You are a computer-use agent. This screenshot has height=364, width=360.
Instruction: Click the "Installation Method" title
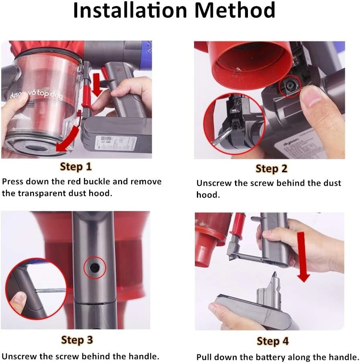[174, 10]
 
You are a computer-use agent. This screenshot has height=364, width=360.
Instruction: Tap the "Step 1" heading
[76, 167]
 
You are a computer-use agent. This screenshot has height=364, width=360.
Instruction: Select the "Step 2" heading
[271, 169]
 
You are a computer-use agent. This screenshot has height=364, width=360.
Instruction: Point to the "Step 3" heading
[77, 340]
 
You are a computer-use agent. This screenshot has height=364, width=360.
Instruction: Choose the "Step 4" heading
[272, 341]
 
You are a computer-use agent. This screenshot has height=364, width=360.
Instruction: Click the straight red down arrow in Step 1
[97, 85]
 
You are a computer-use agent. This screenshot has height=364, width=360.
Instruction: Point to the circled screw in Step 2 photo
[288, 86]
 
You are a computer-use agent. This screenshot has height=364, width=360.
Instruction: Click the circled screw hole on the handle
[95, 267]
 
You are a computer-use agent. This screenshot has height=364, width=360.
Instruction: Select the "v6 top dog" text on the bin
[45, 94]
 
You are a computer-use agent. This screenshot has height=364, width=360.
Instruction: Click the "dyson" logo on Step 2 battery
[291, 142]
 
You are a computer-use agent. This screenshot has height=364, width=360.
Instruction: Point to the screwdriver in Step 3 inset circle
[50, 290]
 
